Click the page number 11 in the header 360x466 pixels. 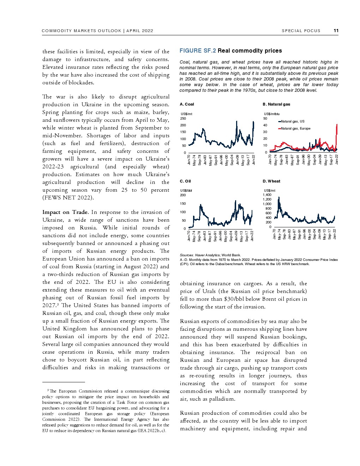coord(336,31)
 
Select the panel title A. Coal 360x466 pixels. coord(187,104)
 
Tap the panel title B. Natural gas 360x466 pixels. coord(276,104)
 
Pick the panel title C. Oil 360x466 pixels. coord(185,181)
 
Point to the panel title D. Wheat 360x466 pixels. coord(271,181)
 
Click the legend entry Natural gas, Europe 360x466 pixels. coord(295,129)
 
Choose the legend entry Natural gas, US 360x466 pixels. coord(293,121)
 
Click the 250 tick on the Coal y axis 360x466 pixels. coord(183,119)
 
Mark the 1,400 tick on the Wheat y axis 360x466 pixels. coord(267,195)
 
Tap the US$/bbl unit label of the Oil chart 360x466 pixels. coord(186,191)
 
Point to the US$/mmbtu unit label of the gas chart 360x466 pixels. coord(271,114)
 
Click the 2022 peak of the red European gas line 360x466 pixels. coord(337,124)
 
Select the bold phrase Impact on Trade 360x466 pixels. coord(65,212)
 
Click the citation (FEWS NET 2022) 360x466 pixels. coord(68,198)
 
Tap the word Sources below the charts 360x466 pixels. coord(186,255)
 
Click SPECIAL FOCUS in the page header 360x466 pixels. coord(301,31)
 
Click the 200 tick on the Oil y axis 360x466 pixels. coord(183,195)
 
